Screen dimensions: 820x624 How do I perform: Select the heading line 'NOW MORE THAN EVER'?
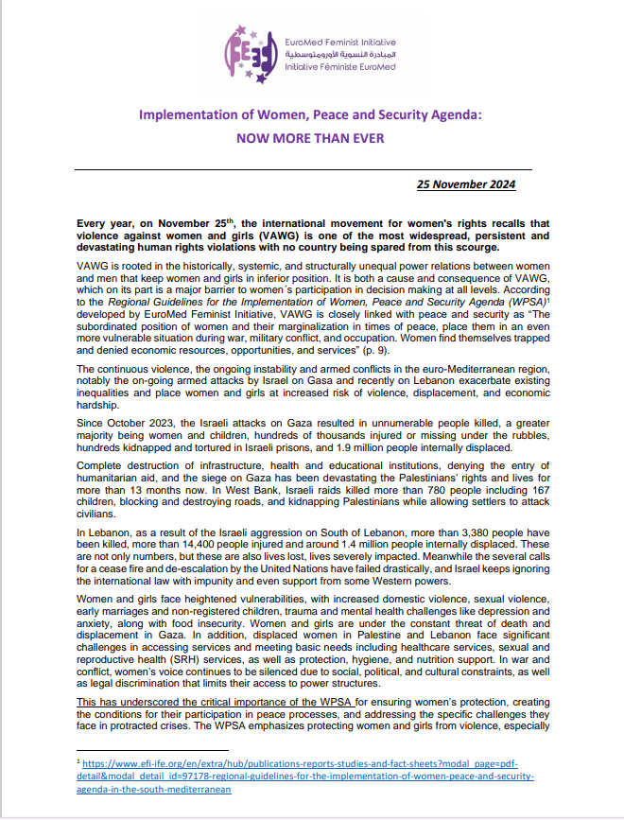click(x=311, y=137)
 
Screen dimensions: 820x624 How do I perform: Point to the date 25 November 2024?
click(x=467, y=184)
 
